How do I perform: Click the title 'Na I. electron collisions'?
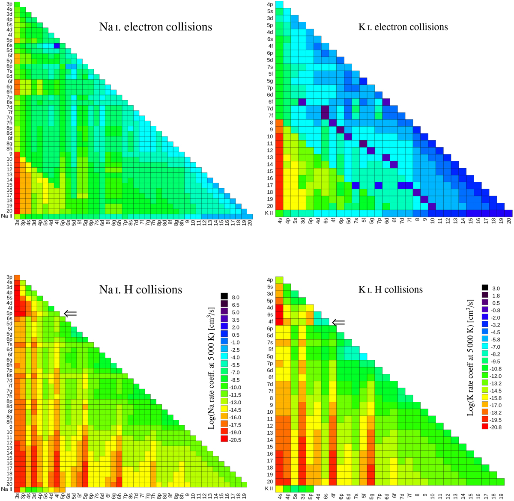[x=155, y=27]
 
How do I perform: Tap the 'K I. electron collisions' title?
[x=403, y=27]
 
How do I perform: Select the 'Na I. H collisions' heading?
[x=140, y=290]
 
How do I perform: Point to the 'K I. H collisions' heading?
[x=390, y=290]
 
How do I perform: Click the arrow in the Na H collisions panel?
[x=70, y=314]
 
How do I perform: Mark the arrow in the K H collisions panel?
[x=339, y=322]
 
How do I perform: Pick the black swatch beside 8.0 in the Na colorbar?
[x=224, y=297]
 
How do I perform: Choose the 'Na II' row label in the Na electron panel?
[x=7, y=216]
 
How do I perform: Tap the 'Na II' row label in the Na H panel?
[x=7, y=489]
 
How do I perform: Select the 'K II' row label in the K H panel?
[x=269, y=489]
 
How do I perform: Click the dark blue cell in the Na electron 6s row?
[x=57, y=45]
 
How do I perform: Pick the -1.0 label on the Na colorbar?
[x=236, y=342]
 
